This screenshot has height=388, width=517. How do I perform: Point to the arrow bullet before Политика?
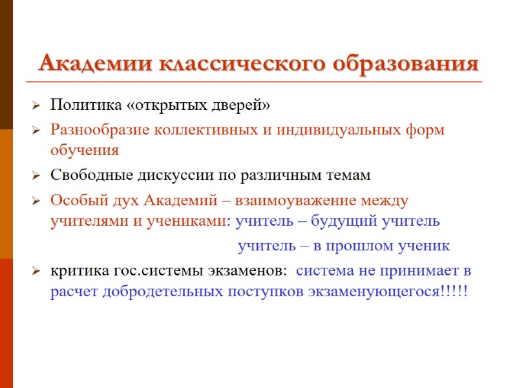[x=36, y=105]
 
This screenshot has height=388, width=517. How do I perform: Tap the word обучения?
[x=85, y=150]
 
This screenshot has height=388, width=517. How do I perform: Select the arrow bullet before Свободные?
[x=36, y=176]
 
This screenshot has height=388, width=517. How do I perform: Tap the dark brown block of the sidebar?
[x=6, y=65]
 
